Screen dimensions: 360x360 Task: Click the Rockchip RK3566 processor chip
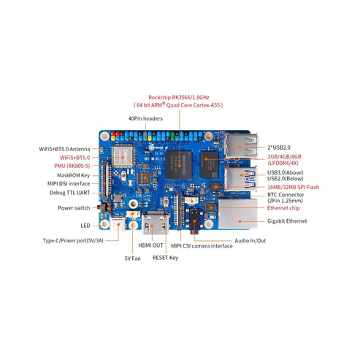179,165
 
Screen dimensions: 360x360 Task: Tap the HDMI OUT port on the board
156,223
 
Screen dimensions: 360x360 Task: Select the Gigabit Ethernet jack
238,214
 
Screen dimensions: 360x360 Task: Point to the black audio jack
195,221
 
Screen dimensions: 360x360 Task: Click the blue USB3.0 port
240,178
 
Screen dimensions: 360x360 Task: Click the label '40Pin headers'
145,118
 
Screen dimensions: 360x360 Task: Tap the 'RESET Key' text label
165,258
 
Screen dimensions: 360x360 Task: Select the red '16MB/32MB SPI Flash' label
293,187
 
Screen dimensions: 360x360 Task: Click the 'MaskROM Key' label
74,175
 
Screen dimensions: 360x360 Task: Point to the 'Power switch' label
74,208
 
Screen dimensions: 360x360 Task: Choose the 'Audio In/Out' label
250,241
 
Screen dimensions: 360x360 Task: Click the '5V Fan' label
133,258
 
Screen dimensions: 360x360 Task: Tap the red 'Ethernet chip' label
283,208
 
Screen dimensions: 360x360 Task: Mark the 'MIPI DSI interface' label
69,183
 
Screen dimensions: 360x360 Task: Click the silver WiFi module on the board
123,156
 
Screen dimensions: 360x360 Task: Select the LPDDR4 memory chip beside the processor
210,165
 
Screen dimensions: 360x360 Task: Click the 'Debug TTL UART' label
70,193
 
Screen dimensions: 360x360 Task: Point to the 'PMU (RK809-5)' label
72,166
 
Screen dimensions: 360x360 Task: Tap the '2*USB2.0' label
279,148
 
